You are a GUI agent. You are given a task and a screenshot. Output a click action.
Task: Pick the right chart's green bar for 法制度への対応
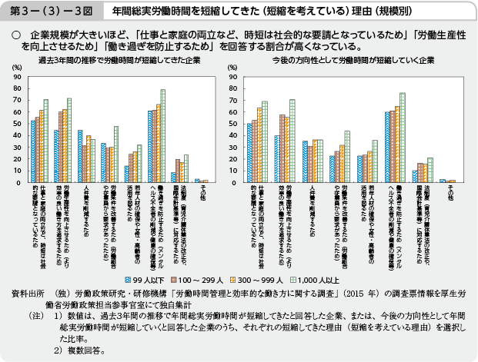coord(431,170)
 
